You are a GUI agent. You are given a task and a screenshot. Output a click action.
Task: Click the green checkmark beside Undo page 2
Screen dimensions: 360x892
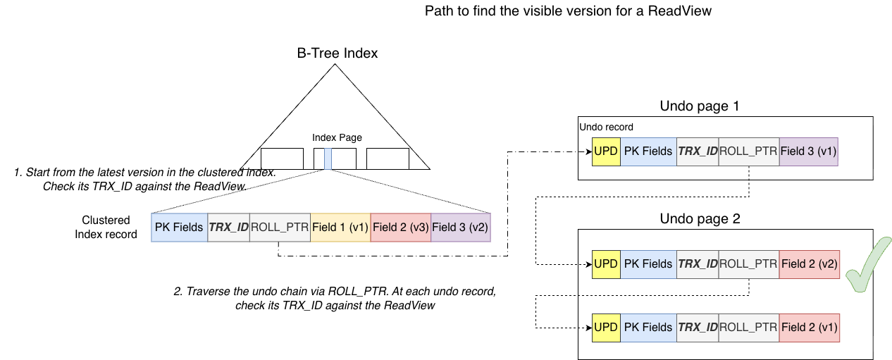click(x=867, y=266)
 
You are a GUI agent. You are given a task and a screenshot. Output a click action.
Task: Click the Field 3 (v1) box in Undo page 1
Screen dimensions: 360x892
click(x=808, y=151)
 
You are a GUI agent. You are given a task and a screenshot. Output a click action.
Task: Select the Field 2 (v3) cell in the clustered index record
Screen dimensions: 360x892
click(x=400, y=227)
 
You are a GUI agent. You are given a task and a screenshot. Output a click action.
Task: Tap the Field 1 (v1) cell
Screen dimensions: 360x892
click(x=340, y=227)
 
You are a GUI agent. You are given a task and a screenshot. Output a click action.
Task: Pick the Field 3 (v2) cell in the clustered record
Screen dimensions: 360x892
click(x=460, y=227)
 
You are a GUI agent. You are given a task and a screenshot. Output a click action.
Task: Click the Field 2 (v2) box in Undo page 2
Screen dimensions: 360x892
click(x=809, y=264)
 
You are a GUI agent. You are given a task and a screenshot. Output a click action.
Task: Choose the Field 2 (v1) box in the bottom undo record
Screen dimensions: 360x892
click(x=809, y=327)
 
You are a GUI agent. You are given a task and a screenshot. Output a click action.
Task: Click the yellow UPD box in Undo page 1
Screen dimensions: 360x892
click(x=606, y=151)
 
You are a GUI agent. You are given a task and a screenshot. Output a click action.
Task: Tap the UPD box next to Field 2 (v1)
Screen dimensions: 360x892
click(x=606, y=327)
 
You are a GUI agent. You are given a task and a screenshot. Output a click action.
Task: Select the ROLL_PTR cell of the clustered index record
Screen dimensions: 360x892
click(x=280, y=227)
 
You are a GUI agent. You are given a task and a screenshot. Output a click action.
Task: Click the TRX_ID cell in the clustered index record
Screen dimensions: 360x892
click(x=228, y=227)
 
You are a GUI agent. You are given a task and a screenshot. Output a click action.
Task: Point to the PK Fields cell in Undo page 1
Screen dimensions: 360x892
click(x=648, y=151)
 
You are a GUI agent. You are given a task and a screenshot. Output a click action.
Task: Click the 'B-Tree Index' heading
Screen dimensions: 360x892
click(x=337, y=54)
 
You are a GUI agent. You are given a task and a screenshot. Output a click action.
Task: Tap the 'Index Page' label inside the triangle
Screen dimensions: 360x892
click(x=337, y=137)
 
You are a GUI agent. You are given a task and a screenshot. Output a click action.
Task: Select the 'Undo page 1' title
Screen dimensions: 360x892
click(x=700, y=106)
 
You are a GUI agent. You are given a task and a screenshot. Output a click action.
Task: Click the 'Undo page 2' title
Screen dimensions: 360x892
click(x=700, y=218)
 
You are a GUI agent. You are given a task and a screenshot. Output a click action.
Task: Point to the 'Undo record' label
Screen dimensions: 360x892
click(x=605, y=128)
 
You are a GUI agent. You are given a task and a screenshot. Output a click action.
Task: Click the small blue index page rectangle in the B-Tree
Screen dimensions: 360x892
click(x=328, y=159)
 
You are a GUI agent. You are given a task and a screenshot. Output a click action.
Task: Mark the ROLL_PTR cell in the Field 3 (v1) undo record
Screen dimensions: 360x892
click(x=748, y=151)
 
